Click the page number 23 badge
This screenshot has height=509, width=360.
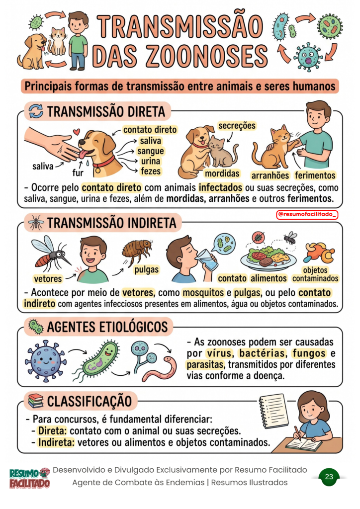click(329, 477)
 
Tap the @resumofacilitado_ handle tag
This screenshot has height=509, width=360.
click(307, 215)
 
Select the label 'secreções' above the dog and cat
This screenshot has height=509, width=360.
click(237, 126)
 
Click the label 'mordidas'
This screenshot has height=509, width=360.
click(222, 173)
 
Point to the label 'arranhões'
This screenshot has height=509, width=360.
click(270, 175)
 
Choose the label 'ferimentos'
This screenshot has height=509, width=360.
click(315, 175)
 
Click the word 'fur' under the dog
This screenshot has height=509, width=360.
click(78, 172)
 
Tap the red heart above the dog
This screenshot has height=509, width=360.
click(76, 132)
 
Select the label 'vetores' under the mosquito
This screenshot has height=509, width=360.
click(48, 278)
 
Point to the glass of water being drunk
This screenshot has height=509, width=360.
click(207, 259)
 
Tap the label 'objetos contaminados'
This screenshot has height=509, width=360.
click(315, 274)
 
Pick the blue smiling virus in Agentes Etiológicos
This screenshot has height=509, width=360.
click(45, 361)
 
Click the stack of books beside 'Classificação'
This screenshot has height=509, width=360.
click(35, 401)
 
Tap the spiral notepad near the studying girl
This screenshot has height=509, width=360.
click(273, 411)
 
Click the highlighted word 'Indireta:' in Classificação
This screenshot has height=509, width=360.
click(56, 442)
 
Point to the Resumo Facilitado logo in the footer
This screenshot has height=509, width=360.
click(29, 478)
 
